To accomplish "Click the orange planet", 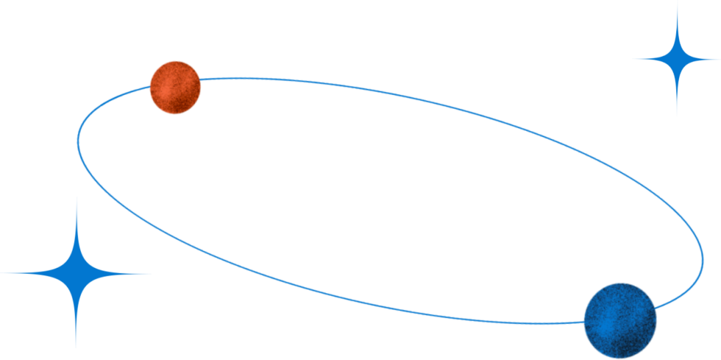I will click(175, 87).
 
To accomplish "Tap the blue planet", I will click(620, 321).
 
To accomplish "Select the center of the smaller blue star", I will click(676, 59).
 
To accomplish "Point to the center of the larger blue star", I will click(76, 273).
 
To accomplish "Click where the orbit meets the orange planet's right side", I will click(200, 79).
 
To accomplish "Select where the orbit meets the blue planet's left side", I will click(584, 322).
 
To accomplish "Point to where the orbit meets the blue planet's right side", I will click(656, 309).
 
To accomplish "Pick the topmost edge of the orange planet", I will click(175, 60).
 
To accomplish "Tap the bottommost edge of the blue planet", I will click(620, 359).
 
